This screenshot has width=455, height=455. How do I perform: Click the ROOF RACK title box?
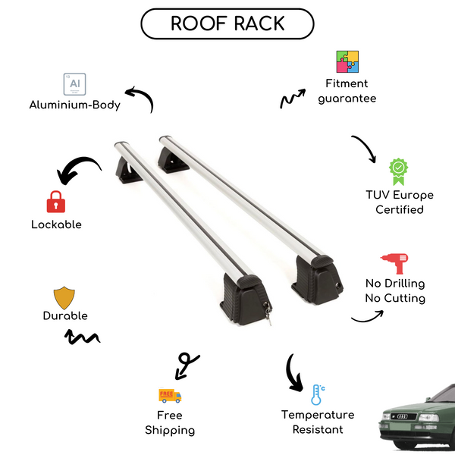[227, 24]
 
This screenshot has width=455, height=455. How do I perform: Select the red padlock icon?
[55, 201]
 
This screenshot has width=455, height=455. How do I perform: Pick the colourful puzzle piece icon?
[347, 62]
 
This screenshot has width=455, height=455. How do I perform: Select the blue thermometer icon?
[316, 394]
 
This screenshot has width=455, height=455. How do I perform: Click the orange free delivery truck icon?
[169, 395]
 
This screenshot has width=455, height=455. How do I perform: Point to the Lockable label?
[56, 224]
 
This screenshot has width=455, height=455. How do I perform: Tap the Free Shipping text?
[170, 423]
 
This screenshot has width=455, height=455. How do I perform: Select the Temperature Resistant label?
[318, 422]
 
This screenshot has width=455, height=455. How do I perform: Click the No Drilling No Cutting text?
[394, 291]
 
